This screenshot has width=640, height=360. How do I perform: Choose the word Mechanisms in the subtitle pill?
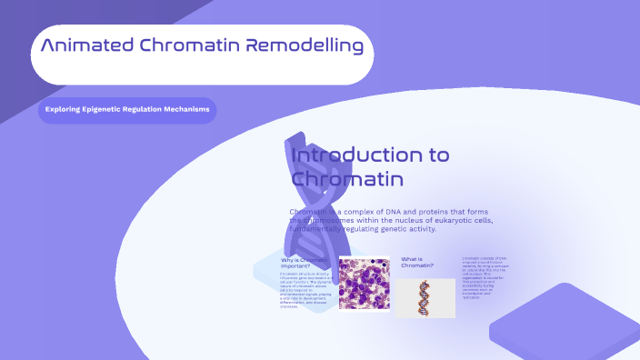(x=187, y=111)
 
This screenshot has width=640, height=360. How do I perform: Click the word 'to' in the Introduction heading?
(x=438, y=155)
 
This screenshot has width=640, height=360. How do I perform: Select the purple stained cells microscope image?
(x=364, y=284)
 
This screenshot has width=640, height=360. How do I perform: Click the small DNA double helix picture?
(x=425, y=297)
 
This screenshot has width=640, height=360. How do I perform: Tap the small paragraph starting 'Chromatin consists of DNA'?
(x=485, y=277)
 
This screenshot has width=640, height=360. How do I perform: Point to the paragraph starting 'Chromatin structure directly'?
(x=304, y=289)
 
